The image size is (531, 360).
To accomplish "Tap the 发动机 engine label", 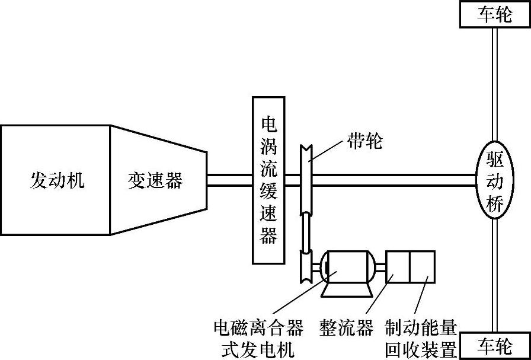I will click(x=57, y=180).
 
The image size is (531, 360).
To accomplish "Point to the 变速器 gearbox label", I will click(x=155, y=180).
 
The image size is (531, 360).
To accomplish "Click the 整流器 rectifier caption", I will click(x=346, y=328).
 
